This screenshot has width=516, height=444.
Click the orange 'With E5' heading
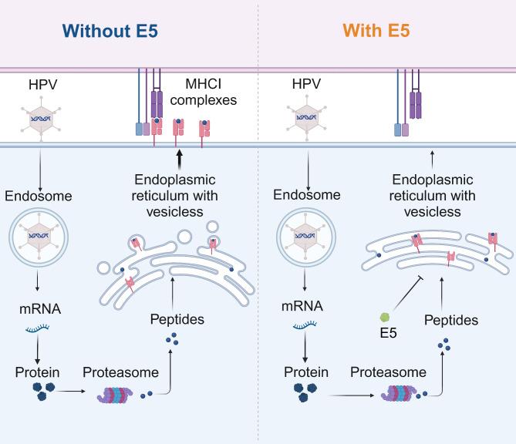376,32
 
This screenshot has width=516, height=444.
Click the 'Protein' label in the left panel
37,373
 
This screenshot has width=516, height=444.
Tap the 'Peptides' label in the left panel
178,318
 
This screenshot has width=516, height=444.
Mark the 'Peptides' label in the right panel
451,319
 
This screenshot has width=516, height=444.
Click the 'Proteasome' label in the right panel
388,372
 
